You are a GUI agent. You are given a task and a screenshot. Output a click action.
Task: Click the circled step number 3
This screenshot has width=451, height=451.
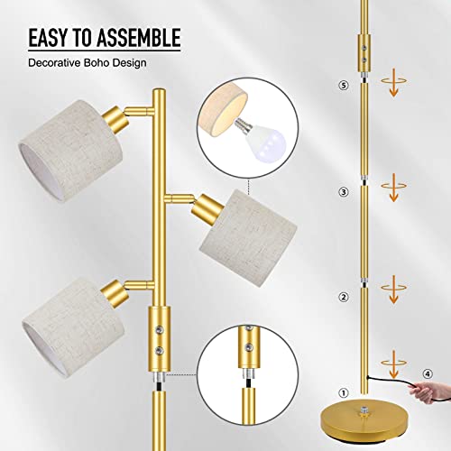point(343,191)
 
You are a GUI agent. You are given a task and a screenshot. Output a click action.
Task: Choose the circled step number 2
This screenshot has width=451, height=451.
point(343,297)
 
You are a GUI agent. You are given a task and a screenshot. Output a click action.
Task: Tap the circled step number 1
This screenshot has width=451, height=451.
point(343,393)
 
